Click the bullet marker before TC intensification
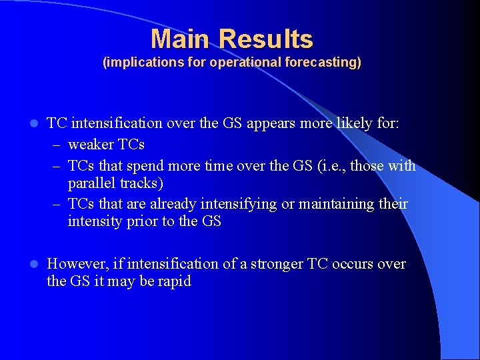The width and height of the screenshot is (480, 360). click(34, 124)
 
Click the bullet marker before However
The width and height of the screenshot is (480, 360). click(34, 265)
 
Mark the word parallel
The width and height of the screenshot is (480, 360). click(90, 183)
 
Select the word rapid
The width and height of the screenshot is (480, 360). click(175, 281)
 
